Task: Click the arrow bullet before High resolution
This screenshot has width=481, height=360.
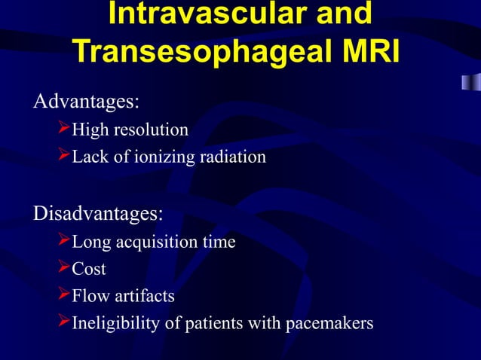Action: tap(64, 130)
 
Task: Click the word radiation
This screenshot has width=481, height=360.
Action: tap(234, 157)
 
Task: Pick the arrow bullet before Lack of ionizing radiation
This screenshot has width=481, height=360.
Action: tap(64, 157)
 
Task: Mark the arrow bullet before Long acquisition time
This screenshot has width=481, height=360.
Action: tap(64, 242)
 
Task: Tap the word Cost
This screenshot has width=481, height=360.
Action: tap(89, 270)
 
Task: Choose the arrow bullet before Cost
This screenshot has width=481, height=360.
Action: tap(64, 269)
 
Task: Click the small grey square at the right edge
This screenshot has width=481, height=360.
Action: tap(470, 81)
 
